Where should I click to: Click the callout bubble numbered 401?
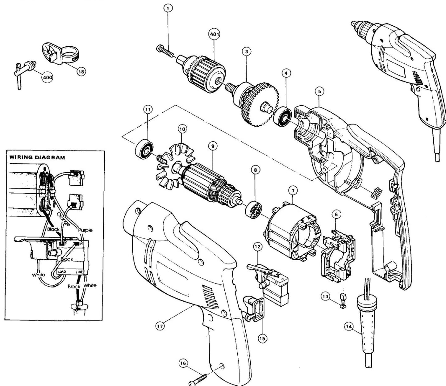(x=214, y=34)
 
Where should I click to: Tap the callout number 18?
(x=81, y=72)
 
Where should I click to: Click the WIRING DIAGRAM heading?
(x=37, y=157)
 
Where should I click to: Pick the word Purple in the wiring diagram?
(x=85, y=230)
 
